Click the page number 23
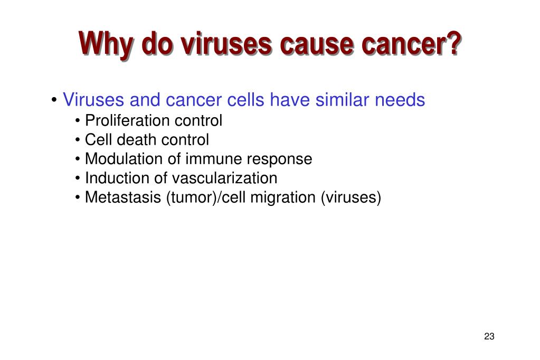click(x=488, y=337)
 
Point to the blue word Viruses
click(x=93, y=100)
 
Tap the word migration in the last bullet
click(x=283, y=197)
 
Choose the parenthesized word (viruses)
click(x=350, y=197)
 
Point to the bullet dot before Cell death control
click(x=78, y=140)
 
